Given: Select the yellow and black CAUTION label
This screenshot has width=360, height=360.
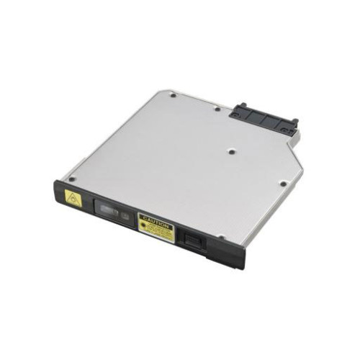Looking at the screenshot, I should pyautogui.click(x=156, y=228).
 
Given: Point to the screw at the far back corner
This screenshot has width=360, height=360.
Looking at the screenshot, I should pyautogui.click(x=173, y=94).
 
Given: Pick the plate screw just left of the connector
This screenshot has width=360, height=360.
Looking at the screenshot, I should pyautogui.click(x=217, y=109).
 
